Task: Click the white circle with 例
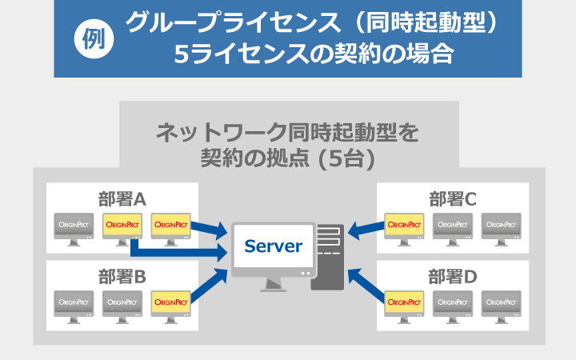pos(94,39)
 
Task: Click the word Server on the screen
pos(274,246)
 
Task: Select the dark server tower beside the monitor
pos(328,257)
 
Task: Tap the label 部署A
pos(122,199)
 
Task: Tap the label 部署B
pos(122,277)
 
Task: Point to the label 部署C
pos(453,199)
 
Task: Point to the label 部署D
pos(453,277)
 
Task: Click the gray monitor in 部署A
pos(74,230)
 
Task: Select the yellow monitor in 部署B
pos(171,307)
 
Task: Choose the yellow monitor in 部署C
pos(404,230)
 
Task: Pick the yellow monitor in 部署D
pos(404,307)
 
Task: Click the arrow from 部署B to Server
pos(209,285)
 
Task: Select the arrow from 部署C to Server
pos(366,230)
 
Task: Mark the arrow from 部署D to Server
pos(366,285)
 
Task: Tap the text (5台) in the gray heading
pos(346,158)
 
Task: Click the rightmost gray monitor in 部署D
pos(501,307)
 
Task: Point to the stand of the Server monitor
pos(274,284)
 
